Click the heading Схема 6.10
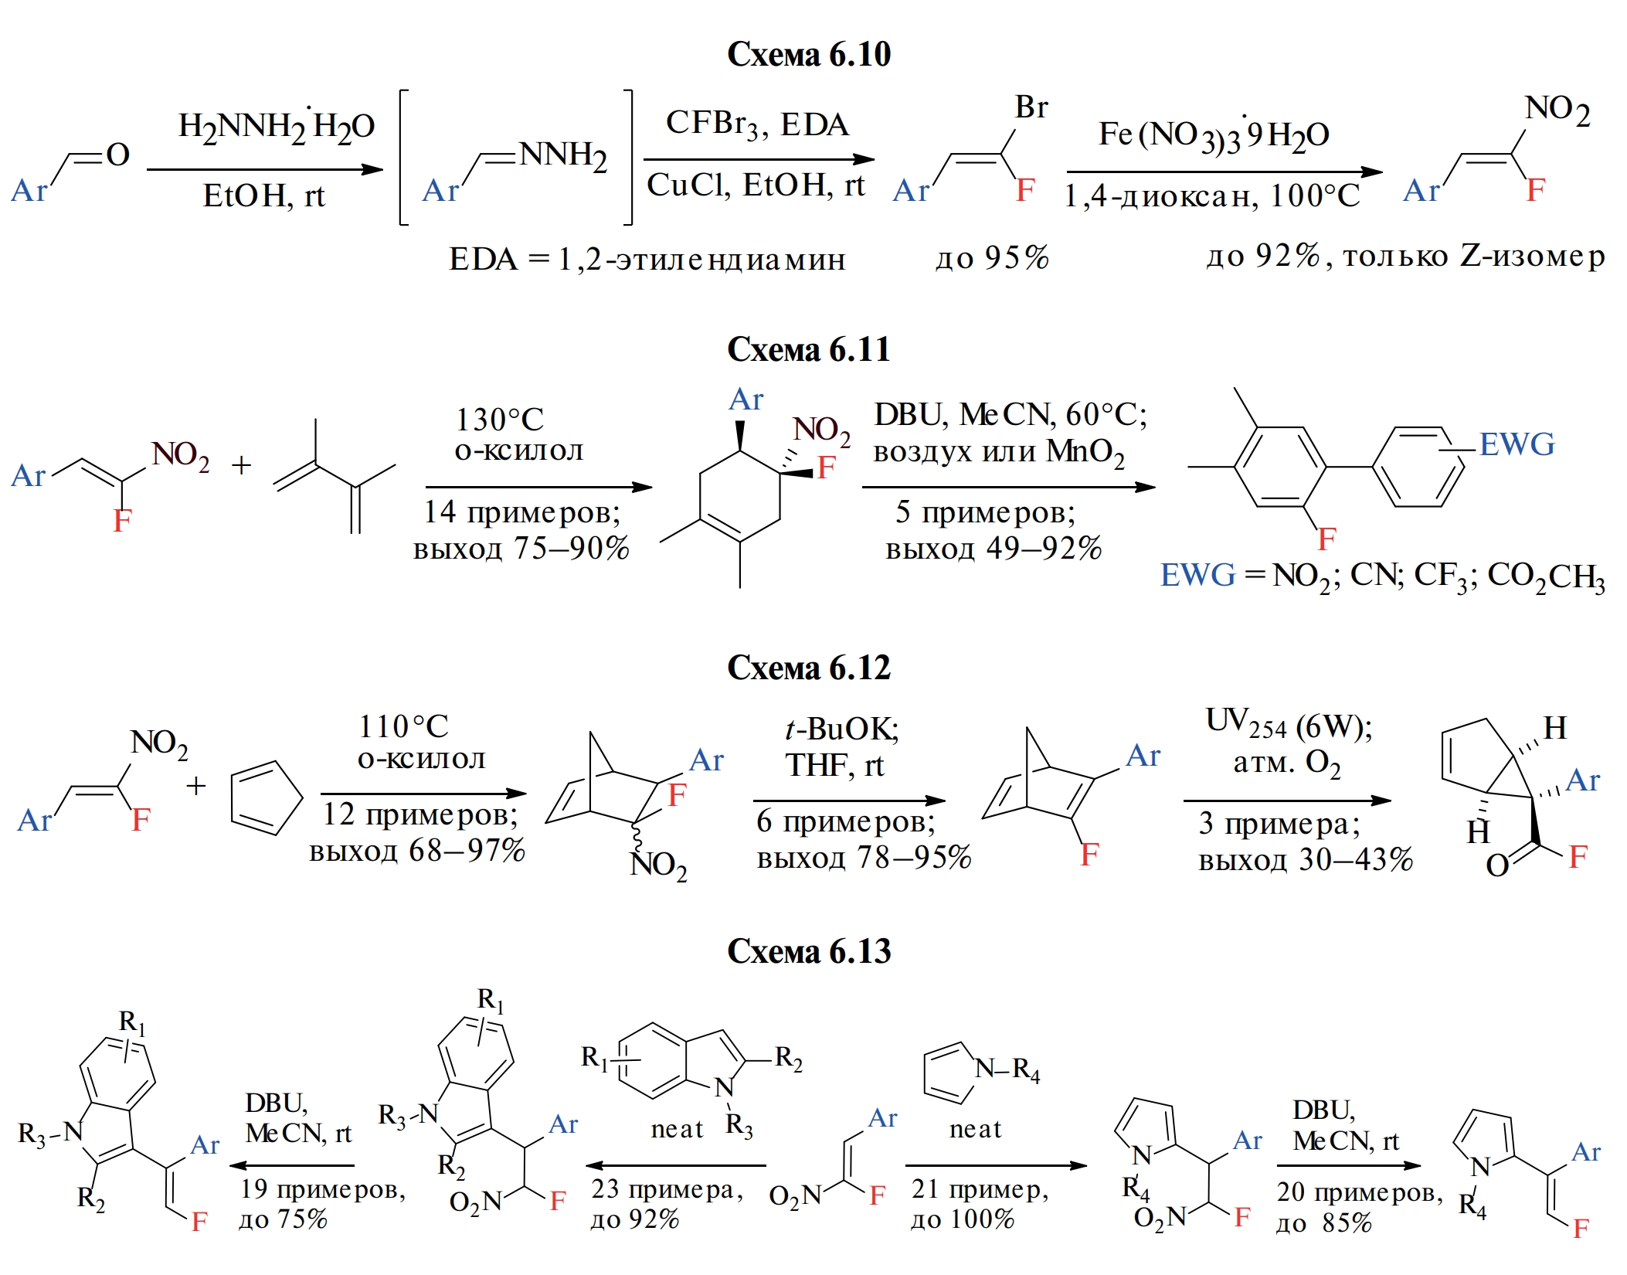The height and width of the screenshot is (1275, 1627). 808,55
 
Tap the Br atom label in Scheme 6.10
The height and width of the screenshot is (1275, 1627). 1031,107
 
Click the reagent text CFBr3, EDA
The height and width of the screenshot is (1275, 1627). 757,124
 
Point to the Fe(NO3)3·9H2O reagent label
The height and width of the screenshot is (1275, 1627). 1214,135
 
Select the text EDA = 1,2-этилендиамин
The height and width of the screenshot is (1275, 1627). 647,260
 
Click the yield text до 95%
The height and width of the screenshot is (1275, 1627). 992,258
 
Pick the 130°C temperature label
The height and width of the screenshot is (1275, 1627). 499,420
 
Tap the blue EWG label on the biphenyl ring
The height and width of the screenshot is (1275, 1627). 1517,444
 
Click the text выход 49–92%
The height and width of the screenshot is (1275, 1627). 993,549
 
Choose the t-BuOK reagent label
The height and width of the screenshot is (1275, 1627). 841,729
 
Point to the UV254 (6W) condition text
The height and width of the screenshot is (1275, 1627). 1289,724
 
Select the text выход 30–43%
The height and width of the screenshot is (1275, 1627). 1305,859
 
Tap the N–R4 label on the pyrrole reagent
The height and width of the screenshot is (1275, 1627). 1007,1070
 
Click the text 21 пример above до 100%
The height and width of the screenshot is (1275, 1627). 980,1189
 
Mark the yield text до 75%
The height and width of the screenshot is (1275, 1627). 283,1219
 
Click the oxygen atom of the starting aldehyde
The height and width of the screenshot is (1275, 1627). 117,155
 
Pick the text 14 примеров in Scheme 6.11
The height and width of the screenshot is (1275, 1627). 521,512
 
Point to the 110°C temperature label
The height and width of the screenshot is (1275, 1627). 403,726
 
